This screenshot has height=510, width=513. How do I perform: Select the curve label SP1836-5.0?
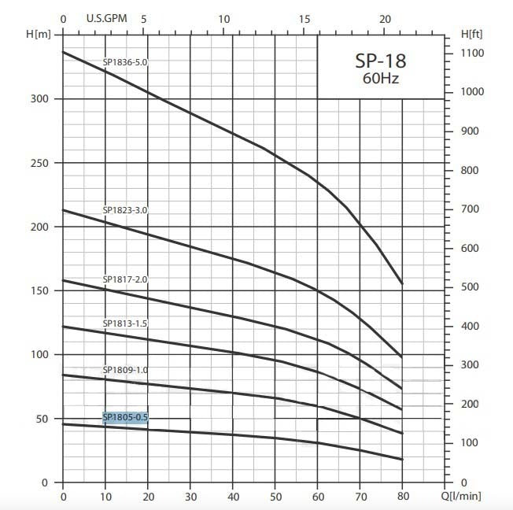pyautogui.click(x=125, y=61)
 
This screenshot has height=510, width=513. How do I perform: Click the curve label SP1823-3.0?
pyautogui.click(x=125, y=210)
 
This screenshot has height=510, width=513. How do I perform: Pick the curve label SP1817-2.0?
pyautogui.click(x=125, y=279)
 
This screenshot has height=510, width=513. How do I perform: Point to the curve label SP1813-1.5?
pyautogui.click(x=125, y=323)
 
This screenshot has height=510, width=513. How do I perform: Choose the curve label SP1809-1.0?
pyautogui.click(x=125, y=370)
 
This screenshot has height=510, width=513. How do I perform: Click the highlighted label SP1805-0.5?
pyautogui.click(x=125, y=417)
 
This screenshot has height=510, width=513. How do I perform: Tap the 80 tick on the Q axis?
pyautogui.click(x=402, y=496)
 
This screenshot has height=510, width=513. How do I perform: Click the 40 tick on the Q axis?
pyautogui.click(x=233, y=496)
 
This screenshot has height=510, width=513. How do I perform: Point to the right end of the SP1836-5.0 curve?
pyautogui.click(x=402, y=283)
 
